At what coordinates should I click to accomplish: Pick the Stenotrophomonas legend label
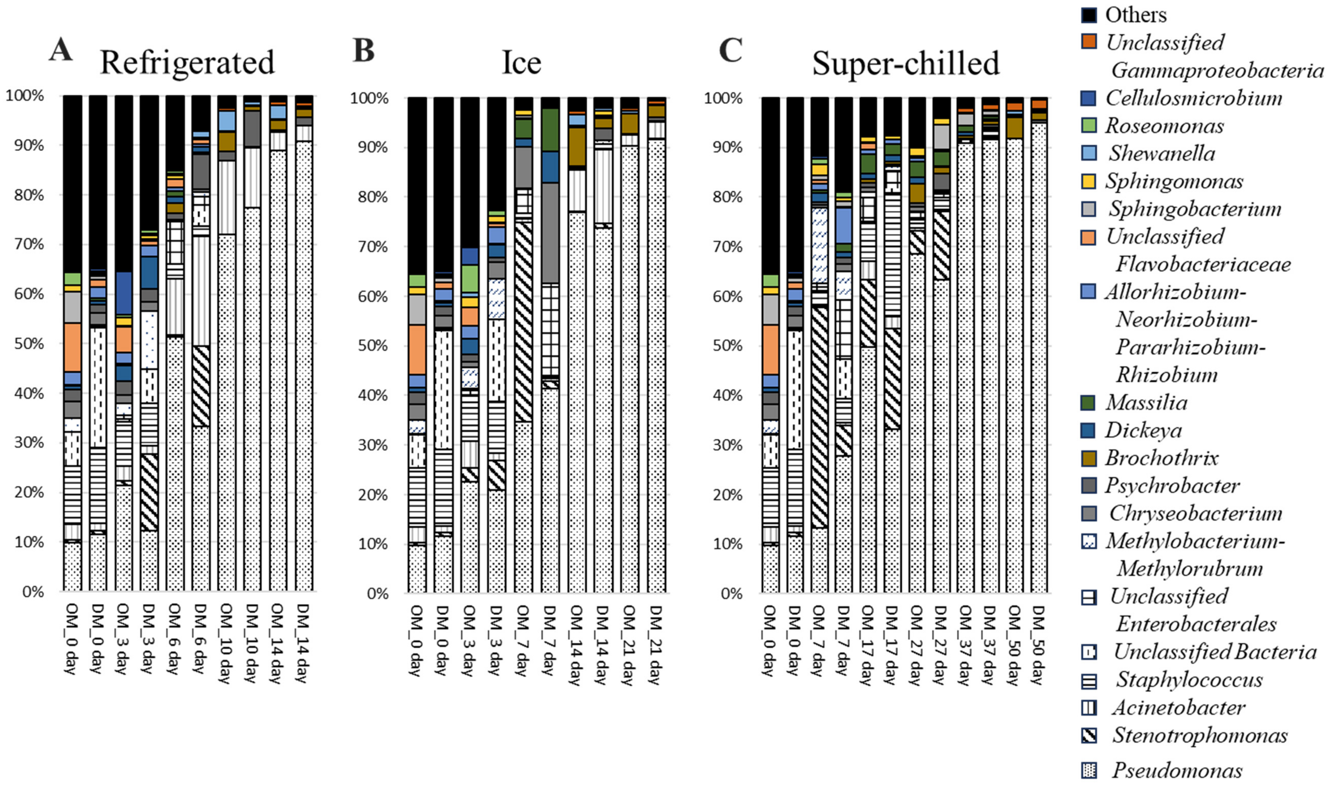pos(1199,735)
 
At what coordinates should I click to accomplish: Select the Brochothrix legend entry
pos(1162,458)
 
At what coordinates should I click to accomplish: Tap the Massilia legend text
pos(1146,402)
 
